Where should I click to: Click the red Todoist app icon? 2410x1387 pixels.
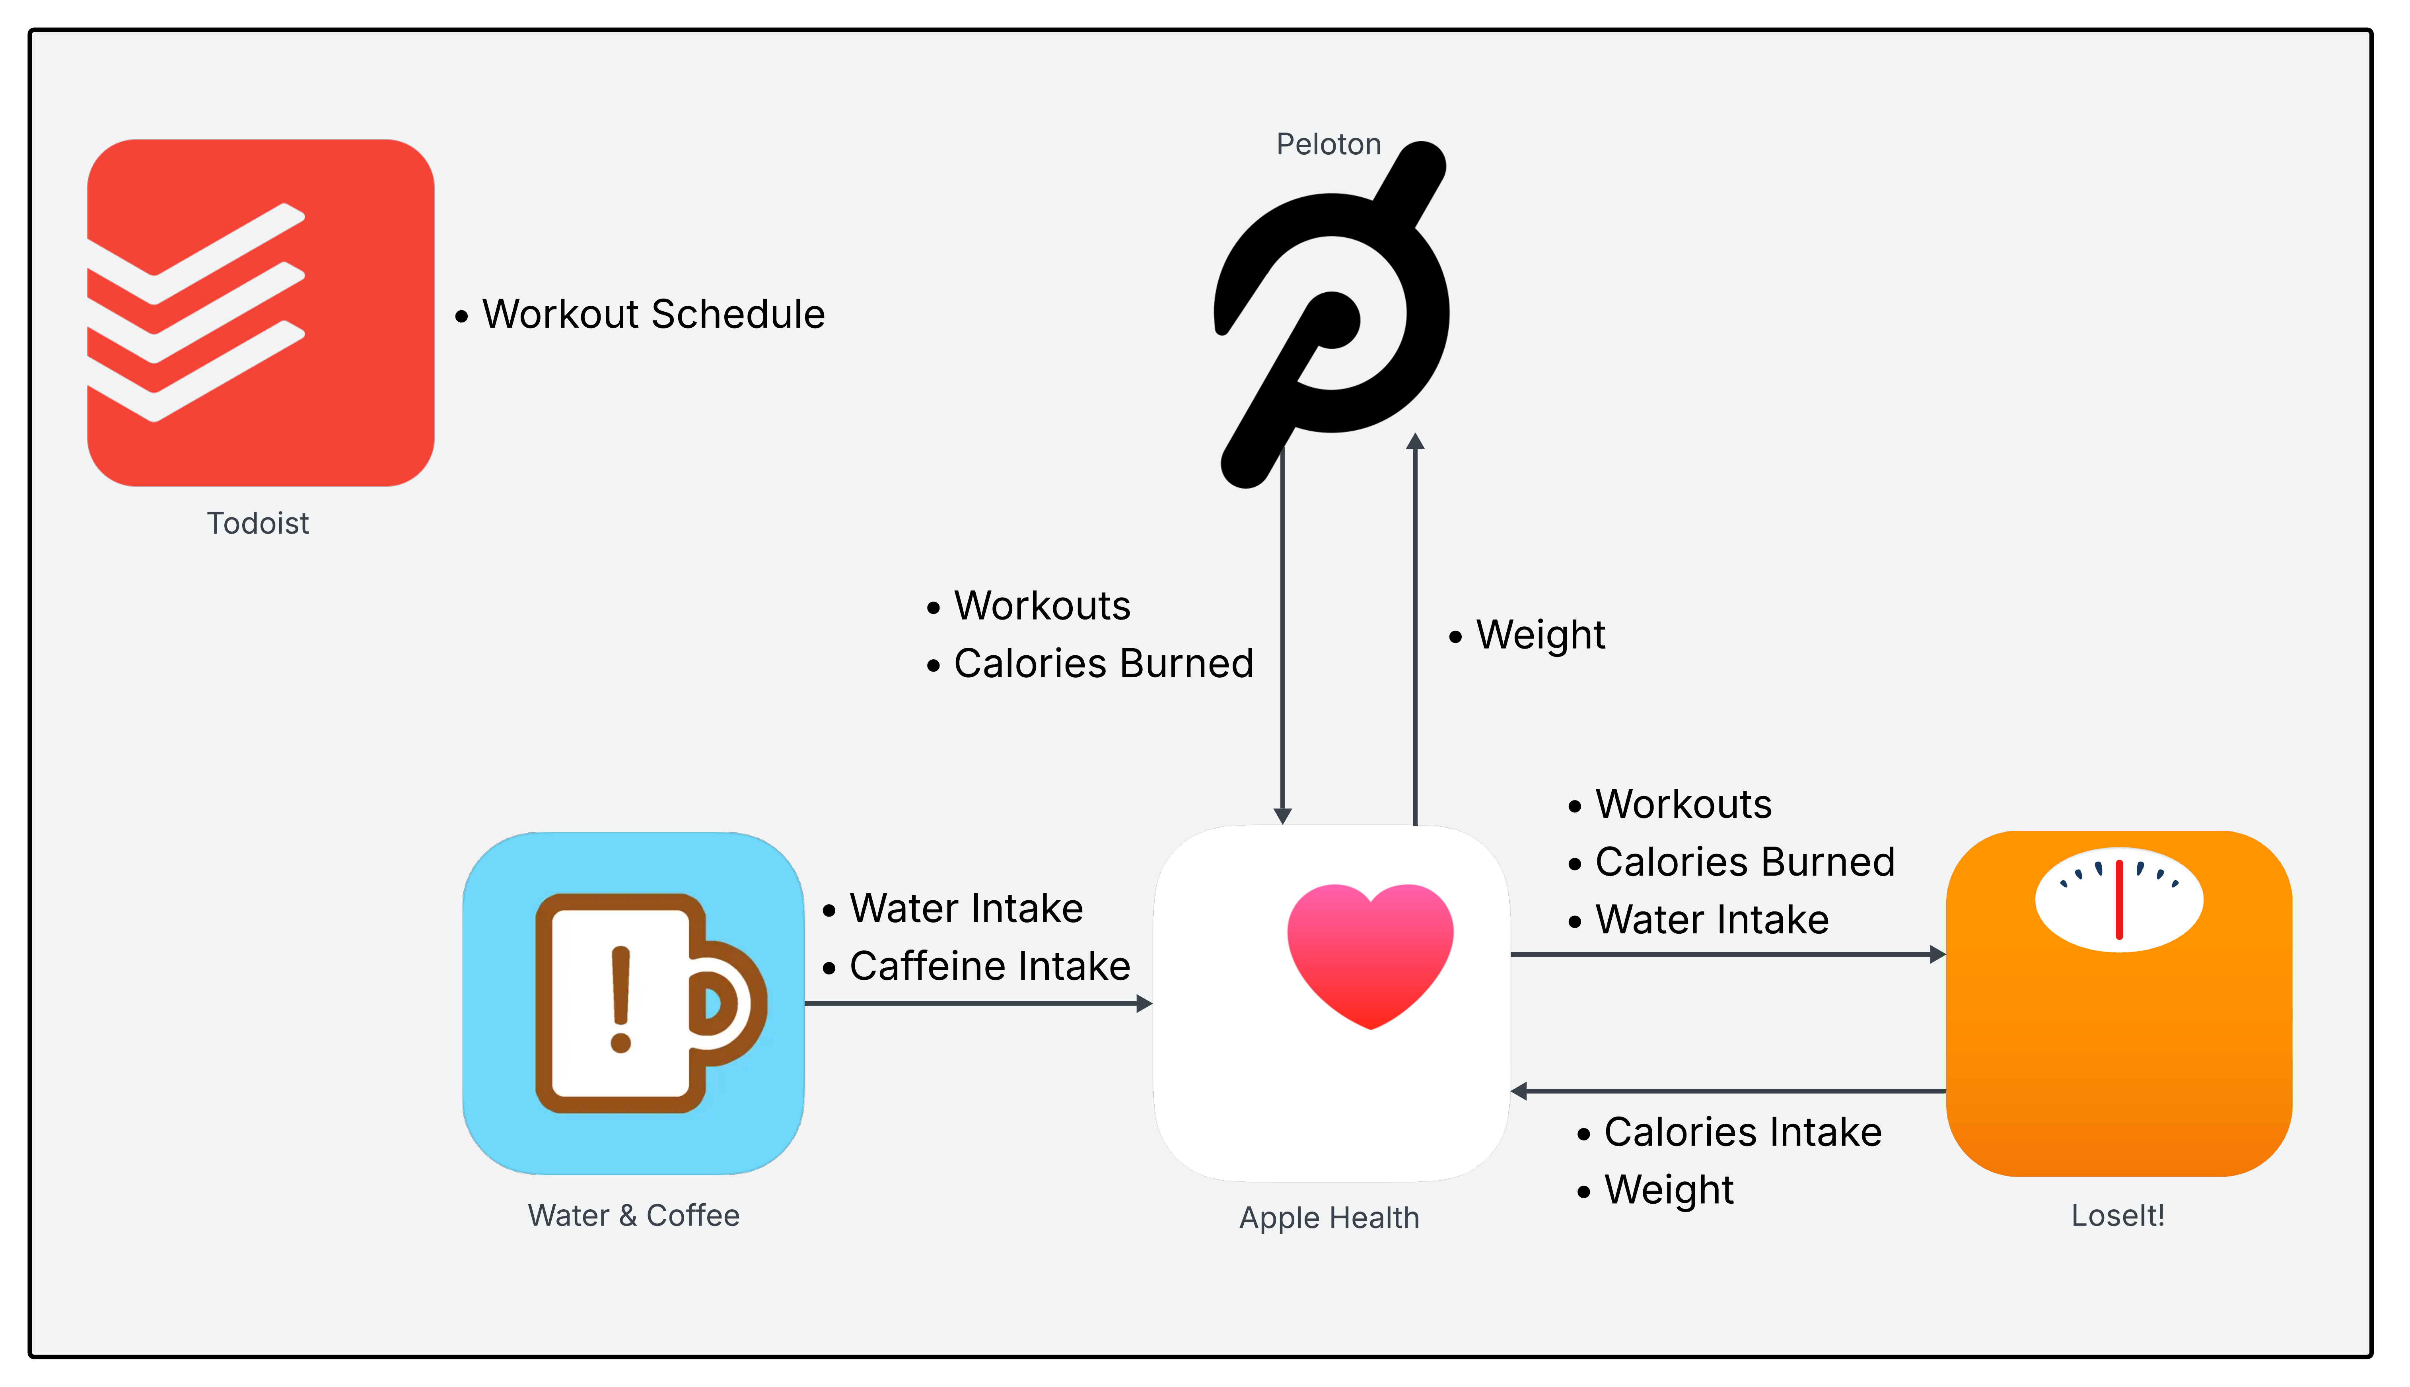(260, 313)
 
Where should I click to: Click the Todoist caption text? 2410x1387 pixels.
(258, 523)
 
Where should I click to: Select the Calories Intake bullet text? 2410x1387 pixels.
(1742, 1132)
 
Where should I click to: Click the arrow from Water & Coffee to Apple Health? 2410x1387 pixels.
(978, 1003)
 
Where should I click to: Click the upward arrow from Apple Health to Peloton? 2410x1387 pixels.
(1416, 629)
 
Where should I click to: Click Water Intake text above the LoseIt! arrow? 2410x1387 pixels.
(1712, 919)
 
